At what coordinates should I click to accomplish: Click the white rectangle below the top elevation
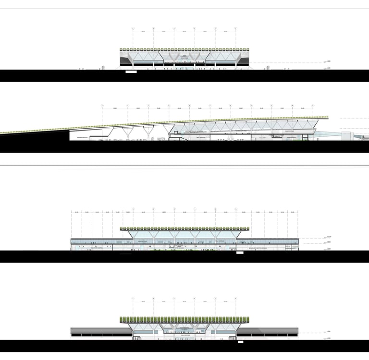click(x=131, y=72)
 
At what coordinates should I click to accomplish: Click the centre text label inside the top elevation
click(x=184, y=59)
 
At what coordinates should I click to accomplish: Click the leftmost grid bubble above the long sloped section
click(x=102, y=105)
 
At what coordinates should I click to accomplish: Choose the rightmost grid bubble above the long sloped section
click(x=312, y=105)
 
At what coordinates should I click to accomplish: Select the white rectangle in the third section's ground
click(x=240, y=252)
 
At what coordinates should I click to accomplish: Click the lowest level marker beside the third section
click(x=328, y=249)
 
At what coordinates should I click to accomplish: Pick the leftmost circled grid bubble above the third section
click(x=133, y=209)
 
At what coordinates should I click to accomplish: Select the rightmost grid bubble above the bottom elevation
click(x=235, y=299)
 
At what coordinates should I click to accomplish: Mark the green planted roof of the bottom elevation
click(x=184, y=319)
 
